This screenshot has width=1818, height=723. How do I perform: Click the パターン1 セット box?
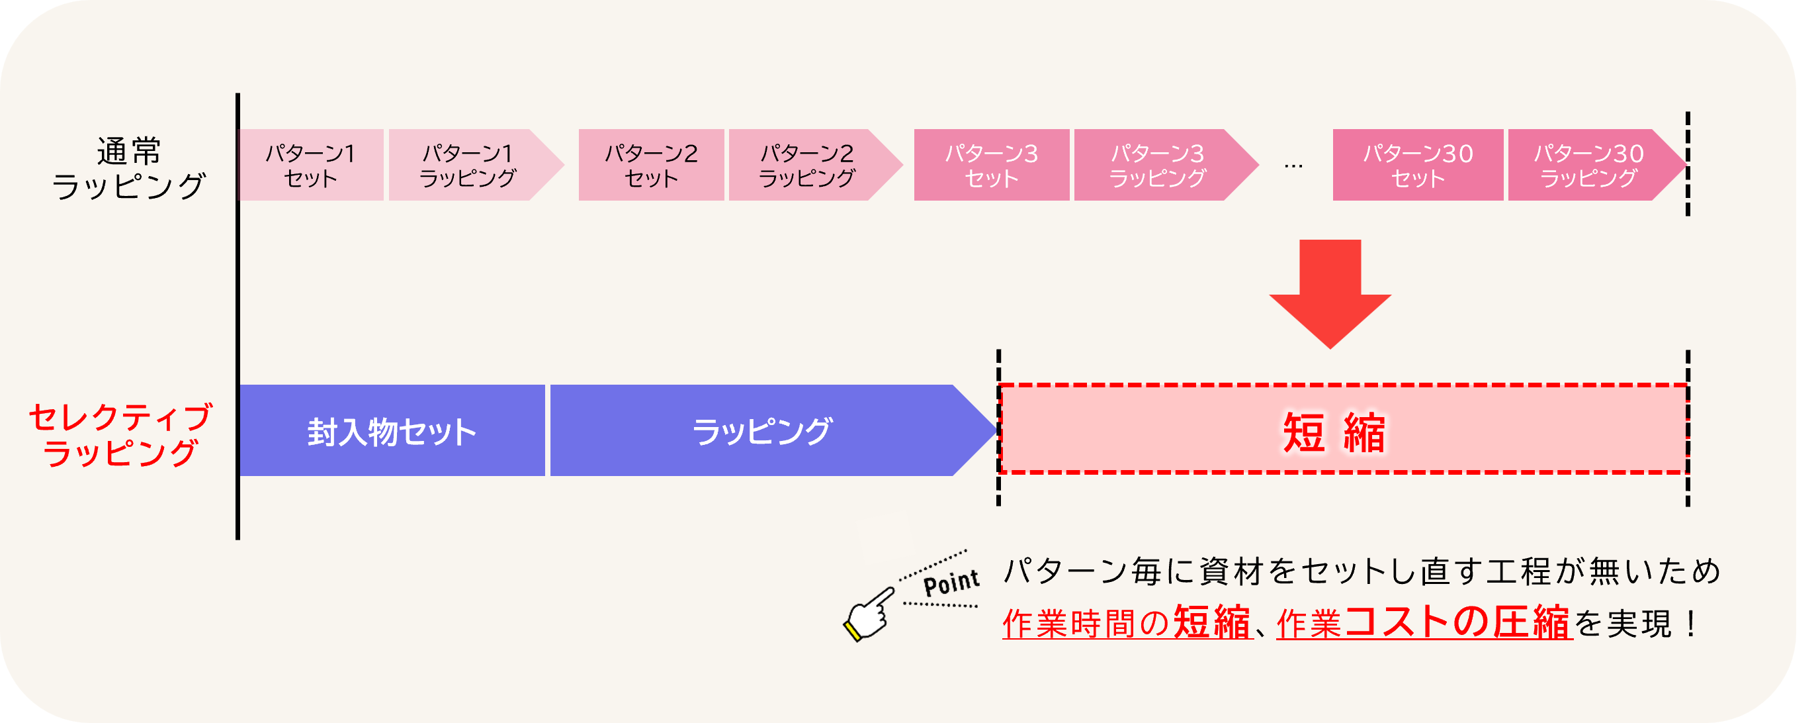tap(310, 166)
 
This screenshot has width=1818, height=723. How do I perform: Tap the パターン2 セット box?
tap(651, 166)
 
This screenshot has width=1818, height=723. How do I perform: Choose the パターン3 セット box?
tap(991, 166)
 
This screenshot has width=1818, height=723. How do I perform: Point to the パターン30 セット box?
tap(1417, 166)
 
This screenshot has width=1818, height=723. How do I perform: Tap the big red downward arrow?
tap(1330, 289)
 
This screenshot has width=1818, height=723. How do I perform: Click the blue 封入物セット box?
tap(392, 431)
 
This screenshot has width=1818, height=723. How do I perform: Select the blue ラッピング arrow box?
tap(762, 431)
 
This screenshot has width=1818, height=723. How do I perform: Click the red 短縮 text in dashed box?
tap(1333, 432)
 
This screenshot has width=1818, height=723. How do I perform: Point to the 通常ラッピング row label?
tap(128, 168)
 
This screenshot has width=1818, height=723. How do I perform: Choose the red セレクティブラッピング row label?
tap(120, 435)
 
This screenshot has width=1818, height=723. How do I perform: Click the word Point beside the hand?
tap(951, 583)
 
